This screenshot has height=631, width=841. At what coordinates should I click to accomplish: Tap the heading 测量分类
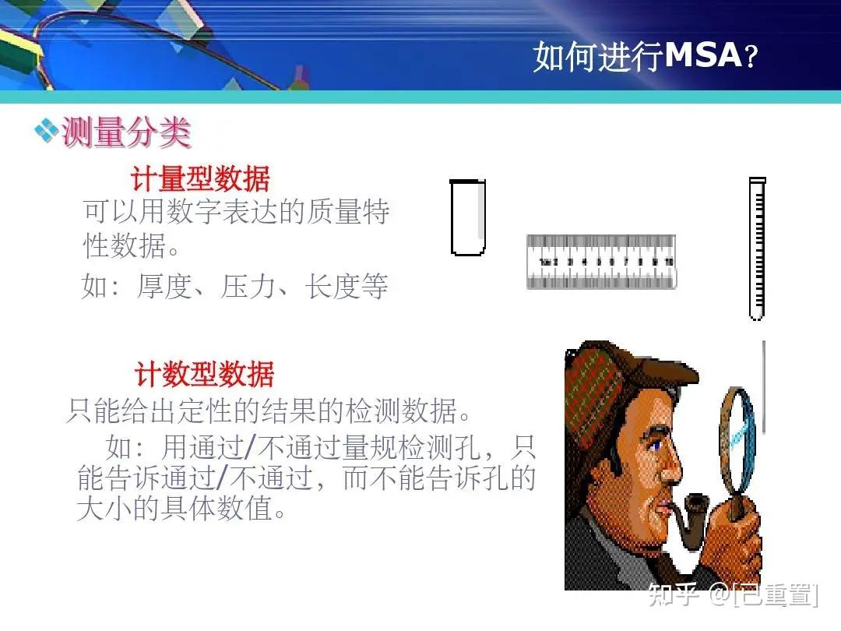(x=126, y=132)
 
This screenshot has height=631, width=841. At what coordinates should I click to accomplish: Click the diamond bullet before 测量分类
(x=47, y=129)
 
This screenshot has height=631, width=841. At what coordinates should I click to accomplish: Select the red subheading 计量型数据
(x=200, y=179)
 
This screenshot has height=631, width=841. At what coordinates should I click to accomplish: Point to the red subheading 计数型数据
(x=204, y=375)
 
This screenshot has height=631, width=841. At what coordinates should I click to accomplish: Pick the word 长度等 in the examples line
(x=347, y=287)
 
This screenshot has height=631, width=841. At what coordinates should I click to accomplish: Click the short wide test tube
(x=468, y=217)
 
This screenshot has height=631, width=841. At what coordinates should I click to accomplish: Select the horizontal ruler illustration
(x=600, y=262)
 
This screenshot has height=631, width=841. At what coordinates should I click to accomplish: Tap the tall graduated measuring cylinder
(x=757, y=249)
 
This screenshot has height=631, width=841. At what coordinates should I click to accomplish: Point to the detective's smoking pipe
(x=684, y=518)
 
